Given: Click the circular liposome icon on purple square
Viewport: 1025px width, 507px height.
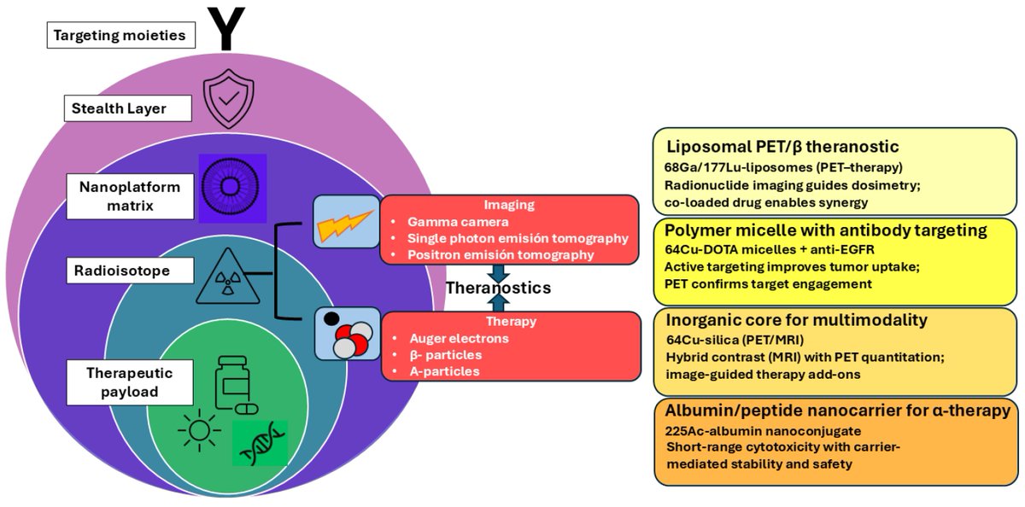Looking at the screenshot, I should tap(233, 188).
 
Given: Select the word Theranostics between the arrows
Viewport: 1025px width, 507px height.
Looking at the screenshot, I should tap(498, 288).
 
